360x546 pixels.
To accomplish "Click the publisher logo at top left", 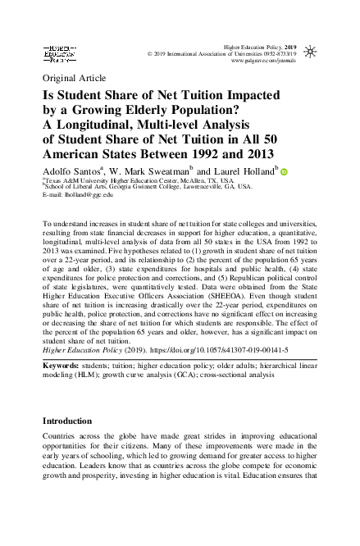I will pos(59,55).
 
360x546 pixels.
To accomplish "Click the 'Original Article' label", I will pos(69,80).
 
